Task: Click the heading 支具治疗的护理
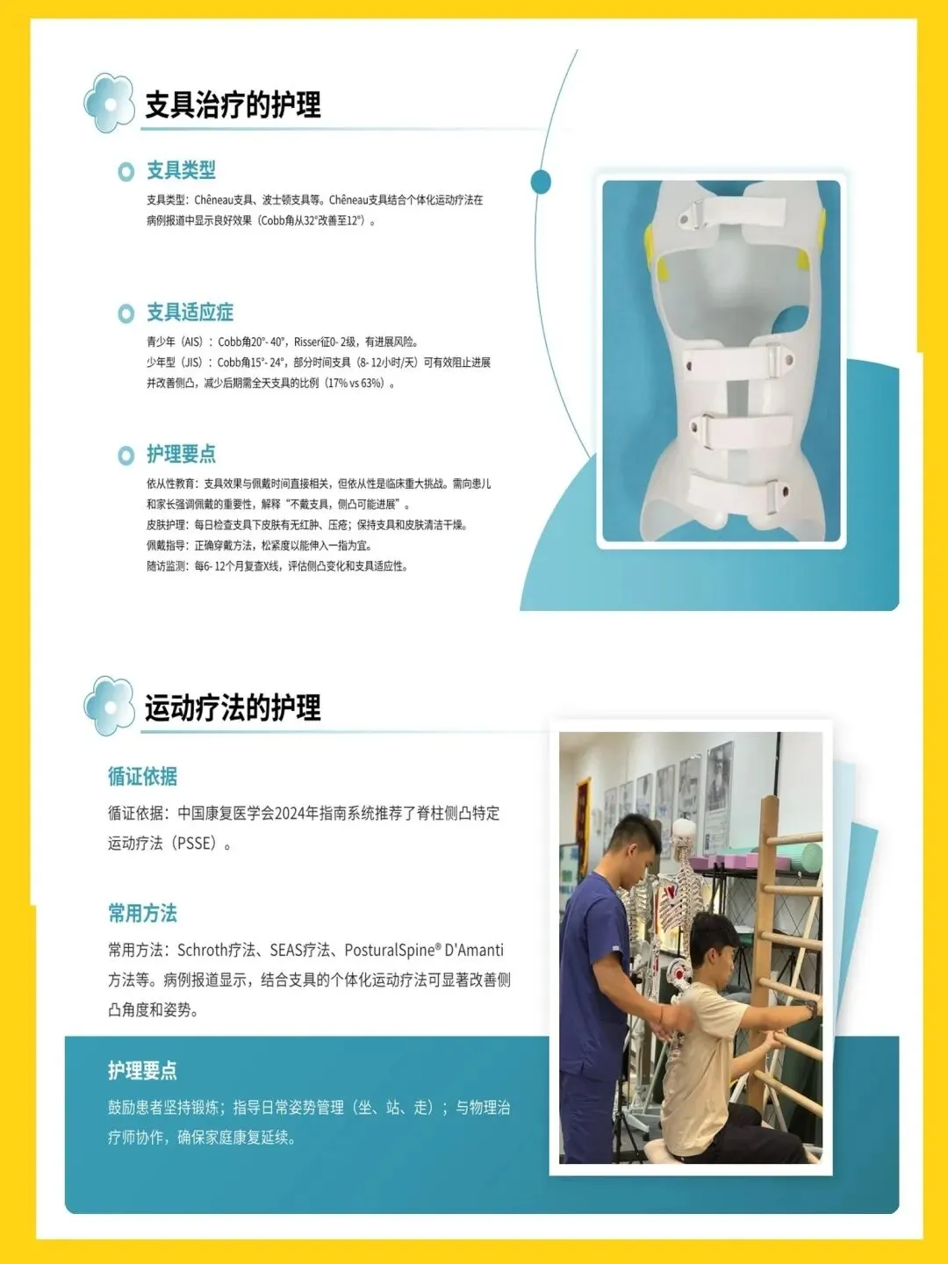point(233,104)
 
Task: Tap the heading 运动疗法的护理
point(233,707)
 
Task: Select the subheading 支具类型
point(182,170)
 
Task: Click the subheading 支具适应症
point(190,312)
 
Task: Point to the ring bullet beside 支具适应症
point(126,313)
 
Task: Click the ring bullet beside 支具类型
point(126,171)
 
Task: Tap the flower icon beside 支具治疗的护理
point(110,103)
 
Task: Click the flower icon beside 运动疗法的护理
point(110,706)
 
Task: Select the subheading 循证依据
point(143,776)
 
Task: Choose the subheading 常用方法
point(143,913)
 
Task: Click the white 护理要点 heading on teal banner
point(143,1071)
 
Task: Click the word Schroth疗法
point(217,950)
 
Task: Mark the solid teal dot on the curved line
point(541,182)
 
